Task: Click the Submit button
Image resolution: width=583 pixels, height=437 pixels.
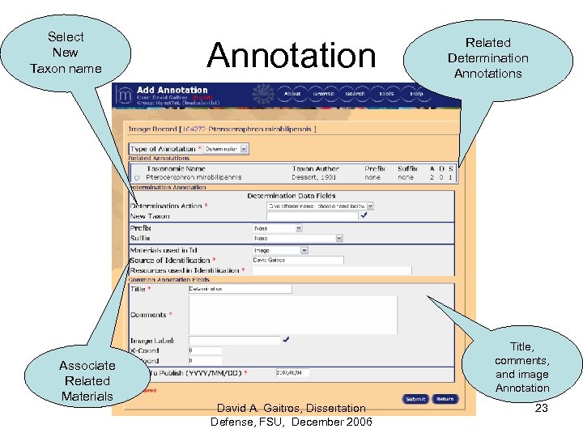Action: [x=415, y=399]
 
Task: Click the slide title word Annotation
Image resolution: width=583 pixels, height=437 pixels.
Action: [x=291, y=55]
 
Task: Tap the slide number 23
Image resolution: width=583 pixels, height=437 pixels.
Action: [x=542, y=409]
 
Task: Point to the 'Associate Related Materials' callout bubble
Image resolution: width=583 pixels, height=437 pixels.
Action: [x=87, y=380]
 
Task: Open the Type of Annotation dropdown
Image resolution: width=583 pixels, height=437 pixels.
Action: [x=226, y=149]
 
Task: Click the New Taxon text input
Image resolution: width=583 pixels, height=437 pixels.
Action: [x=312, y=216]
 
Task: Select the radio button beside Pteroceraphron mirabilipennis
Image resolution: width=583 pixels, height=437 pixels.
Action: [x=137, y=177]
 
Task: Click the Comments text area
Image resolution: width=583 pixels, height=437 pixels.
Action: [x=292, y=314]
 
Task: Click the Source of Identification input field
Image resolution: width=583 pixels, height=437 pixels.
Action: [x=297, y=261]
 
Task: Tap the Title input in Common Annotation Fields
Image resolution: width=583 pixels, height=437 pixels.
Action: [x=240, y=288]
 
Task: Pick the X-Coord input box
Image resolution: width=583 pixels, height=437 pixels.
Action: [x=205, y=351]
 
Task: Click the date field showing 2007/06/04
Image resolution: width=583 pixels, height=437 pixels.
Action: [x=291, y=373]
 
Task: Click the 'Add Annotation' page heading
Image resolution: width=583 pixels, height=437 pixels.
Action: [x=172, y=90]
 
